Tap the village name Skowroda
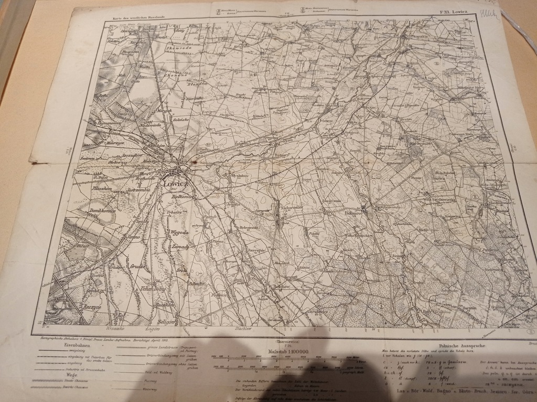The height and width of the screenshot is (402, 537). pyautogui.click(x=178, y=48)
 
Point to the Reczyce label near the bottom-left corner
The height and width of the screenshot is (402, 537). pyautogui.click(x=92, y=308)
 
